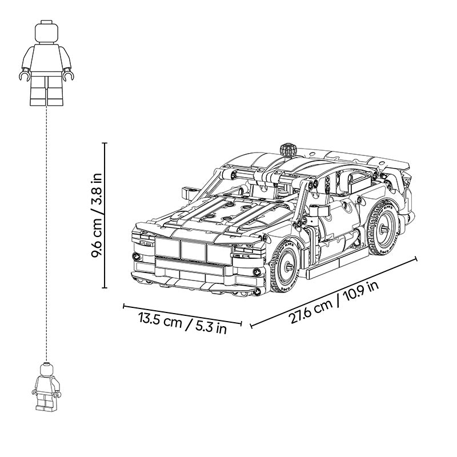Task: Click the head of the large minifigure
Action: point(47,32)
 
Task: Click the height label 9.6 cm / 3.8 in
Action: point(97,215)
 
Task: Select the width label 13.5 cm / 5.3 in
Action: point(182,323)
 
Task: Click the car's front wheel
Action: point(284,267)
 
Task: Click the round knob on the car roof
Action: point(288,150)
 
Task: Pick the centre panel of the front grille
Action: point(193,250)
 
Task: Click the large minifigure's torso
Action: point(47,58)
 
